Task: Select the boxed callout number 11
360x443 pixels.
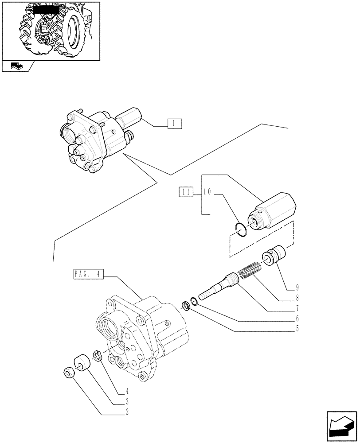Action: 186,192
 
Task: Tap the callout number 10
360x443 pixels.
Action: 207,192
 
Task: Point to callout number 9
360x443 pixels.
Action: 297,287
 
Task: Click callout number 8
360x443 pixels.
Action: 297,297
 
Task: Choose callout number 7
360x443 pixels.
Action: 297,308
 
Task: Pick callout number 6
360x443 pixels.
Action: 297,319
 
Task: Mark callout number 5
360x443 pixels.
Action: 297,329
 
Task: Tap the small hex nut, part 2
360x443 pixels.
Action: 69,373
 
